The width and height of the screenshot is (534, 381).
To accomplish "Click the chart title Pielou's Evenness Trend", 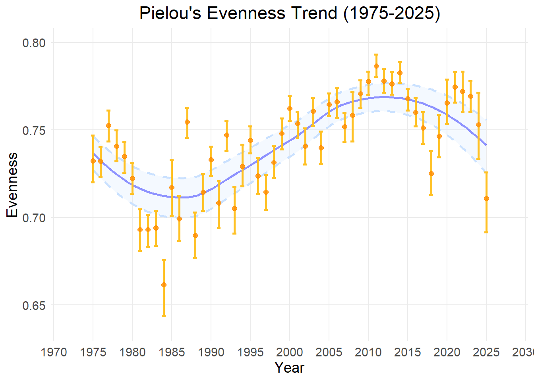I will (x=290, y=13).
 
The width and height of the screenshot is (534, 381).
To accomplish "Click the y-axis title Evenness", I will (x=13, y=185).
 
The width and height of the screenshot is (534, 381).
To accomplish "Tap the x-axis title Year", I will (x=289, y=368).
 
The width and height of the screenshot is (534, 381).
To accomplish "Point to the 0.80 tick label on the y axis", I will (x=34, y=43).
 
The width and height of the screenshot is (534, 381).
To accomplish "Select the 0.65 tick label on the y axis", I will (x=34, y=306).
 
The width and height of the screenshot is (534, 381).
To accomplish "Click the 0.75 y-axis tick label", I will (x=34, y=131).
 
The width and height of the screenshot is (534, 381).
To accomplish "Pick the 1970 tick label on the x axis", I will (x=54, y=352).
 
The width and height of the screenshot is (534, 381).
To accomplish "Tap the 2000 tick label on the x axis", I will (x=290, y=352).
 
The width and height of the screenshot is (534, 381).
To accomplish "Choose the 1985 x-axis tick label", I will (x=172, y=352).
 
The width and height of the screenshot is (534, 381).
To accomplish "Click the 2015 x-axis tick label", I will (x=408, y=352).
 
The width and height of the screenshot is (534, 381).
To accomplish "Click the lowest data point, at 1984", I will (x=164, y=285).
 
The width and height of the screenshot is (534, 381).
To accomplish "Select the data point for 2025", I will (x=486, y=198).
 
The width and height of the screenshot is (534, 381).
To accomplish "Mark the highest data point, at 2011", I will (x=376, y=66).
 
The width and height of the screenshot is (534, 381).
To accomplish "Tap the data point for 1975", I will (x=93, y=161).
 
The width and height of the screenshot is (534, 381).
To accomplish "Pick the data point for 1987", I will (x=187, y=122).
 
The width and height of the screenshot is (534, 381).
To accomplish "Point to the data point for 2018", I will (x=431, y=173).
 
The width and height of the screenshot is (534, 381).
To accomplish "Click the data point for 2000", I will (x=290, y=108).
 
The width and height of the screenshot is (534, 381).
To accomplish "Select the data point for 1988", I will (x=195, y=235).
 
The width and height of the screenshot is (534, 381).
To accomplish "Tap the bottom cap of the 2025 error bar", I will (x=486, y=232).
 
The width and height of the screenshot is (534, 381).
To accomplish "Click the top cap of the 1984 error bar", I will (x=164, y=260).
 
